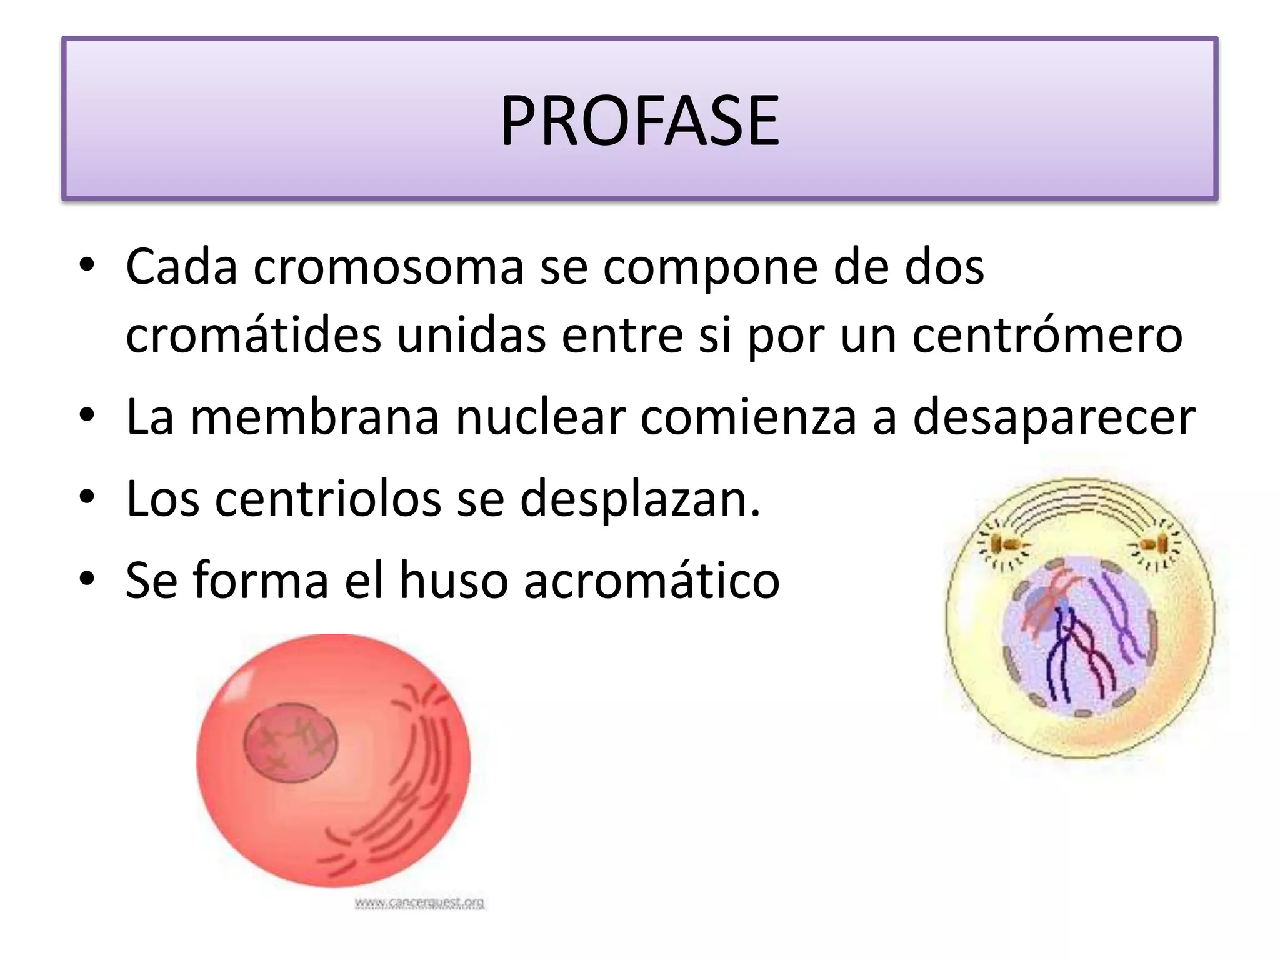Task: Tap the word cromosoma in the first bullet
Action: pos(387,267)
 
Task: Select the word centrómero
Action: pos(1047,335)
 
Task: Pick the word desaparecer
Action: pos(1054,417)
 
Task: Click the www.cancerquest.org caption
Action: pos(419,902)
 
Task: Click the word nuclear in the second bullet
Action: pos(540,417)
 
